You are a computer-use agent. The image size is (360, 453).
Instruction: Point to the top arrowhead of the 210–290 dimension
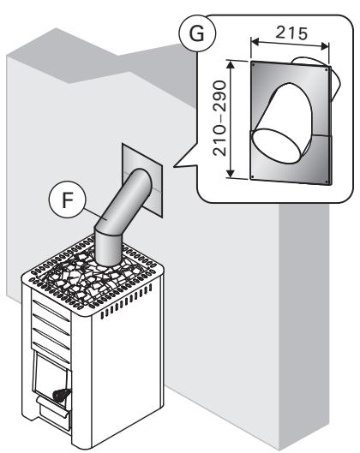point(230,63)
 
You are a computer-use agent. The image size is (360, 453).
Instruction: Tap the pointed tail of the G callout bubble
point(176,162)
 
